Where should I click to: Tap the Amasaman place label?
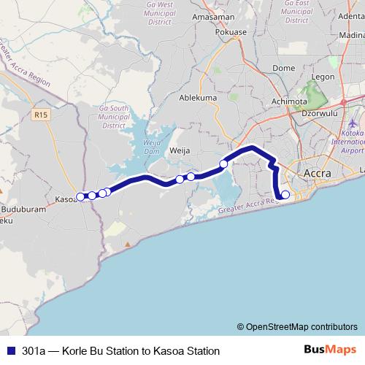tap(211, 17)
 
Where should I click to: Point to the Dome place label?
tap(283, 68)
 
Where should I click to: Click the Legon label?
tap(323, 77)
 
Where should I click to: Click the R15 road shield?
tap(40, 115)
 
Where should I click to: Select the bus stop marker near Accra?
tap(285, 194)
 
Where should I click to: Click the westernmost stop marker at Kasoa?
tap(80, 196)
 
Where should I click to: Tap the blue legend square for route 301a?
tap(9, 350)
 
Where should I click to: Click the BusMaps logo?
tap(331, 350)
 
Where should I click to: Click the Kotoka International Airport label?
tap(352, 137)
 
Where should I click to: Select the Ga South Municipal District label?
tap(114, 117)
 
